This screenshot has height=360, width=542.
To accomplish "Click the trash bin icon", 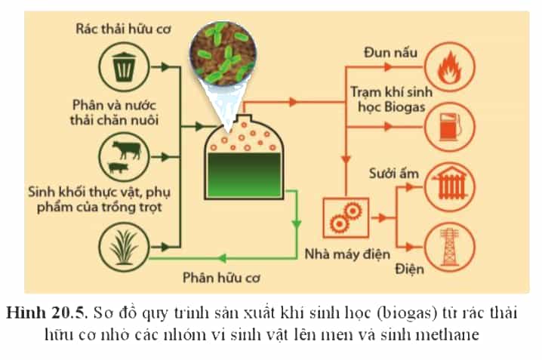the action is pos(123,67).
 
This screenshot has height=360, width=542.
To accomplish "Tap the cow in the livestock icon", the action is pos(127,149).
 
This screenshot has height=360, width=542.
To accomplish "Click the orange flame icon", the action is pos(449,67).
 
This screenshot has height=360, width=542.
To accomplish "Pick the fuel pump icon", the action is pos(450,127).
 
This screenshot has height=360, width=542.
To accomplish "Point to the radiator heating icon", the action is pos(449,187).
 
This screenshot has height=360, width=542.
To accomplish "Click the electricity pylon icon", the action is pos(449,247).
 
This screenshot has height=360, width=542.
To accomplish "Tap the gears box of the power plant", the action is pos(346,217).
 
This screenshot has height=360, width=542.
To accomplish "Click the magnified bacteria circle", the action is pos(224,54).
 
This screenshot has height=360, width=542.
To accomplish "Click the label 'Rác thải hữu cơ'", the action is pos(123,29).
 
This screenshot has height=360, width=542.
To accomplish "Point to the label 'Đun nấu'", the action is pos(390,53).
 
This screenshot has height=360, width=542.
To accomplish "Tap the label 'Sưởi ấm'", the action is pos(394,174).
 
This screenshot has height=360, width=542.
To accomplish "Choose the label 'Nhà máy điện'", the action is pos(347,254).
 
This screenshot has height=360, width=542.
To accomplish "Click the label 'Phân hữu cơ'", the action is pos(221,278).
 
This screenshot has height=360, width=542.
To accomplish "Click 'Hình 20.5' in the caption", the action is pos(45,313).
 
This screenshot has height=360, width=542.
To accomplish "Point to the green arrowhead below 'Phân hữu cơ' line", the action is pos(222,258).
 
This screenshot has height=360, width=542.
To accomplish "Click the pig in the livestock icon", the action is pos(119,168).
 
